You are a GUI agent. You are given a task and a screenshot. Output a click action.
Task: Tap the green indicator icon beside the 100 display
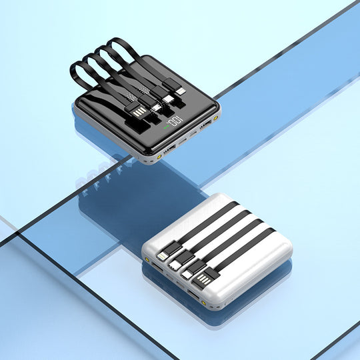(x=166, y=127)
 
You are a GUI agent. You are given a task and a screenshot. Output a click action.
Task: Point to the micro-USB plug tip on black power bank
(x=157, y=107)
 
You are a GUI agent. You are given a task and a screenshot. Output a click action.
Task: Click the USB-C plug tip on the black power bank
(x=167, y=99)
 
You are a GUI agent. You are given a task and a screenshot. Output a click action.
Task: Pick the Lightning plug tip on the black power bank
(x=181, y=92)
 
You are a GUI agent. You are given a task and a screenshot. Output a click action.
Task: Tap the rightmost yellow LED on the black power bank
(x=215, y=118)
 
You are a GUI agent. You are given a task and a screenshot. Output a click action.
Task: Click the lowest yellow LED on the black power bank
(x=159, y=157)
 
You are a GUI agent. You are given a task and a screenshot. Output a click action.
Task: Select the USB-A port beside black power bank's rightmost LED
(x=205, y=125)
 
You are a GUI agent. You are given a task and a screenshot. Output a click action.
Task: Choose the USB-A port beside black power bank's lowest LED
(x=169, y=149)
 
